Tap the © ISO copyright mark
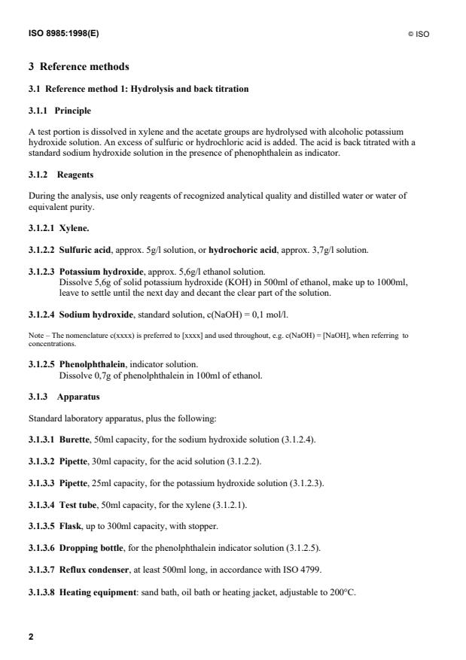click(419, 35)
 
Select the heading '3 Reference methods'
click(78, 67)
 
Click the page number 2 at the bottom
click(31, 637)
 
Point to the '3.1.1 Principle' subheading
click(59, 111)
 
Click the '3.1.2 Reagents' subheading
click(60, 175)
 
